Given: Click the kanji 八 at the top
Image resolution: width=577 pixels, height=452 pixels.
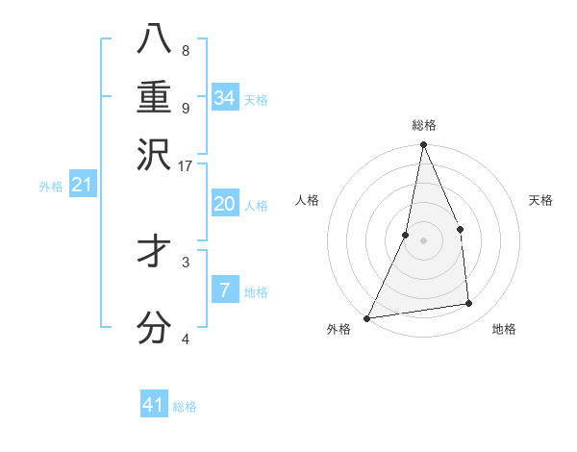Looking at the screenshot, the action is (x=155, y=39).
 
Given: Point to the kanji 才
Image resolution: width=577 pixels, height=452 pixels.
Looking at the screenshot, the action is (x=155, y=254).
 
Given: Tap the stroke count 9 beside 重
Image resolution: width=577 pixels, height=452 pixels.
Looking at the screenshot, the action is (x=186, y=108).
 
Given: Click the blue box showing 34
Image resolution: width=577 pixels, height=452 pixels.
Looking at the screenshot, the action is (x=224, y=98).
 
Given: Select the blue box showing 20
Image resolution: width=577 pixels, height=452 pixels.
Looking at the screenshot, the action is (x=224, y=204).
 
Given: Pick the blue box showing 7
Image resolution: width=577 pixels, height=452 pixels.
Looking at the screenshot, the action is (x=224, y=289).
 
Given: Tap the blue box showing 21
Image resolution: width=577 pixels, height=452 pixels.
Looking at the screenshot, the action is (x=82, y=185).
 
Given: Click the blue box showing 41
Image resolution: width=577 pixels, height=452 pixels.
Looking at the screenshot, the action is (x=154, y=405).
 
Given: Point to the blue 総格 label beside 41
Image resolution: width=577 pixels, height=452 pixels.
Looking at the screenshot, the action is (x=186, y=407).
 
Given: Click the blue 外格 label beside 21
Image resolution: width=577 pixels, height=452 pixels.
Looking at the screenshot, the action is (x=51, y=187).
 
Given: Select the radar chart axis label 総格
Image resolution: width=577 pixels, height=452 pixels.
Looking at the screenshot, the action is (x=423, y=125).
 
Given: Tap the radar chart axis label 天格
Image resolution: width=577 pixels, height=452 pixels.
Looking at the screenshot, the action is (x=541, y=200).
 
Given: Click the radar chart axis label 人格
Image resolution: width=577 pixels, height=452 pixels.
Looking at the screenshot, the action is (x=307, y=200).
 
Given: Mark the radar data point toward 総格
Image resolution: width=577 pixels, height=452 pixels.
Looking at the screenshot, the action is (x=423, y=145).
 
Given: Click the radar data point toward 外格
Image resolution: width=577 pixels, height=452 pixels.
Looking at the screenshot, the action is (x=367, y=318).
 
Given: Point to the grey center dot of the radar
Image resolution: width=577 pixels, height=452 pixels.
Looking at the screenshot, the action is (x=423, y=240).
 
